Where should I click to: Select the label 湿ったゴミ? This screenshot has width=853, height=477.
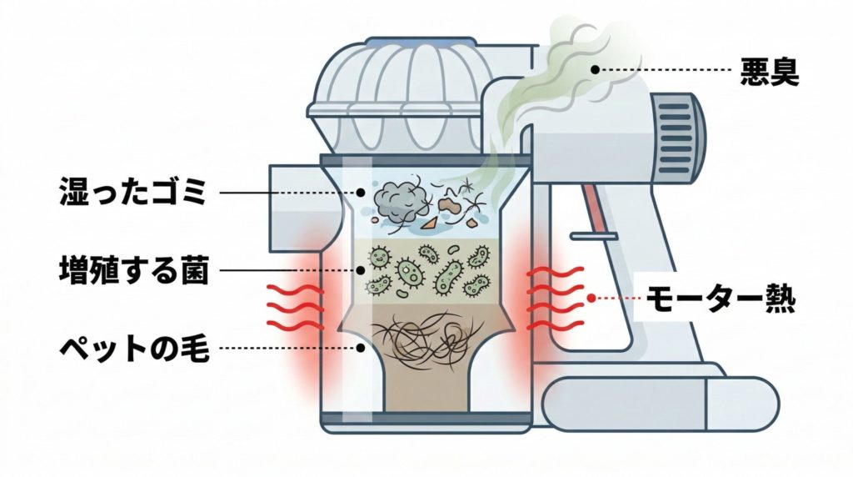pos(132,193)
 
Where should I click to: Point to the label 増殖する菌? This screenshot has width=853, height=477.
pos(132,270)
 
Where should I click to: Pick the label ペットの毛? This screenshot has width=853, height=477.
pos(132,348)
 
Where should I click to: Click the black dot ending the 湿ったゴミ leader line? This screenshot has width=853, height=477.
pos(360,192)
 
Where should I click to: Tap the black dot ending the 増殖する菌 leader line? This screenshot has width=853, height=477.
pos(360,270)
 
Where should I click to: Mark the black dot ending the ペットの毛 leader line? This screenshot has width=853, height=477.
pos(360,348)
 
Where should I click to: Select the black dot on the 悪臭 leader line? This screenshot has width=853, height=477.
pos(596,70)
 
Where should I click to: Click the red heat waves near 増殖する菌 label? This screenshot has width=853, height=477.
pos(293,304)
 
